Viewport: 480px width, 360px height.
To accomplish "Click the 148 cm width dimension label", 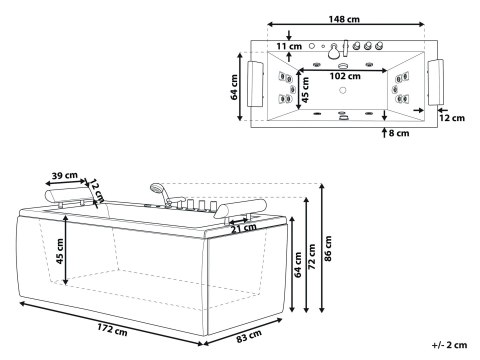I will point(346,18).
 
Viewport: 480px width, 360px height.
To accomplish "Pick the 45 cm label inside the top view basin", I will point(306,92).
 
